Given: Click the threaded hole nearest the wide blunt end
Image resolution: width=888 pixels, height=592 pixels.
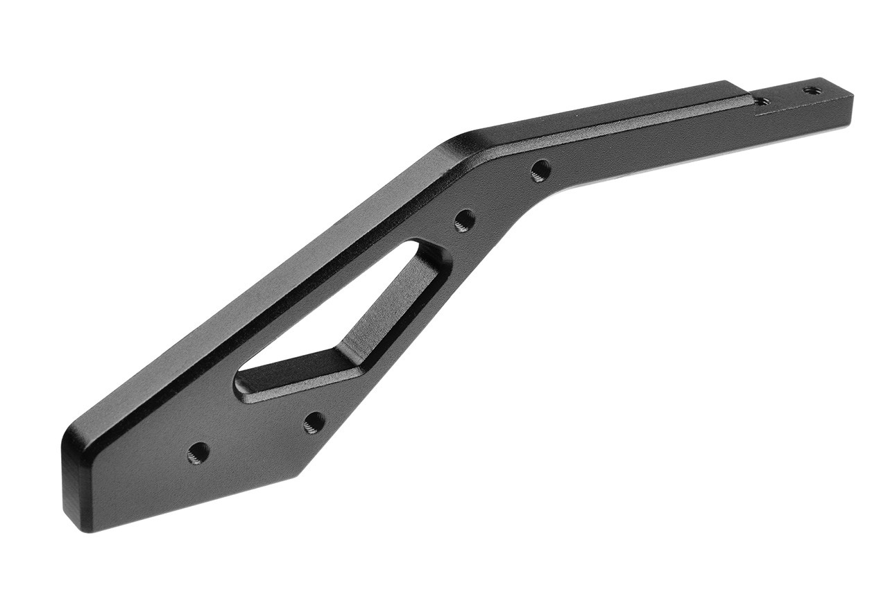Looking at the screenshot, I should tap(198, 453).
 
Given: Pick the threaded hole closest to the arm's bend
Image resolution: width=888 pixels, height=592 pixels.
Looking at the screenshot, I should tap(540, 169).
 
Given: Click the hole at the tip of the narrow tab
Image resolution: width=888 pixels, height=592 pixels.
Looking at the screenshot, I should tap(810, 90).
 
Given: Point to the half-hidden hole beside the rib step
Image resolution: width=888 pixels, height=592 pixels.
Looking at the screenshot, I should tap(761, 102).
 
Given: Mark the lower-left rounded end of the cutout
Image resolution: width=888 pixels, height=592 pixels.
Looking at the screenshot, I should tap(243, 385).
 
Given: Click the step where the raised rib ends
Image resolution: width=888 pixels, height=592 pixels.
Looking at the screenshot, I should tap(753, 101).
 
